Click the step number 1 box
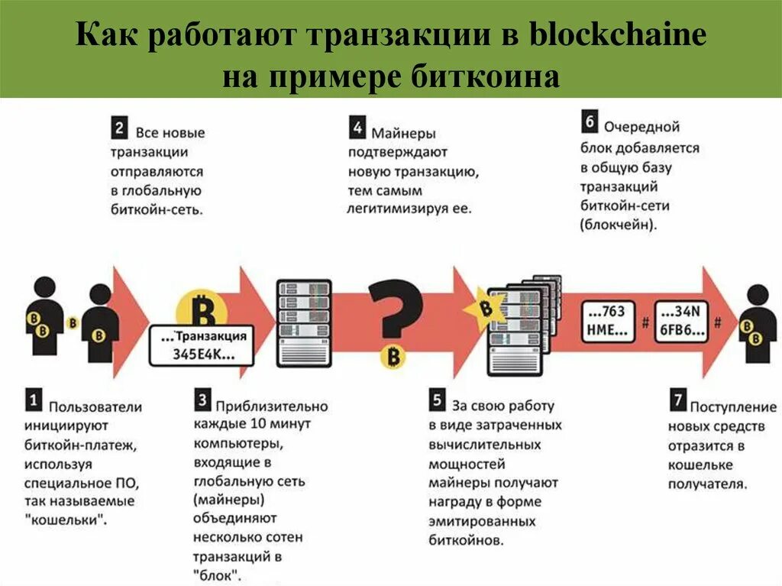(34, 399)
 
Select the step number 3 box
(202, 399)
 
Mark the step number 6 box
(589, 121)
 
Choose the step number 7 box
(677, 400)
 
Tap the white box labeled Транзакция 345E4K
(203, 346)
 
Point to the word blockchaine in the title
(621, 37)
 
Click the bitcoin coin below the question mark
(394, 357)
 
